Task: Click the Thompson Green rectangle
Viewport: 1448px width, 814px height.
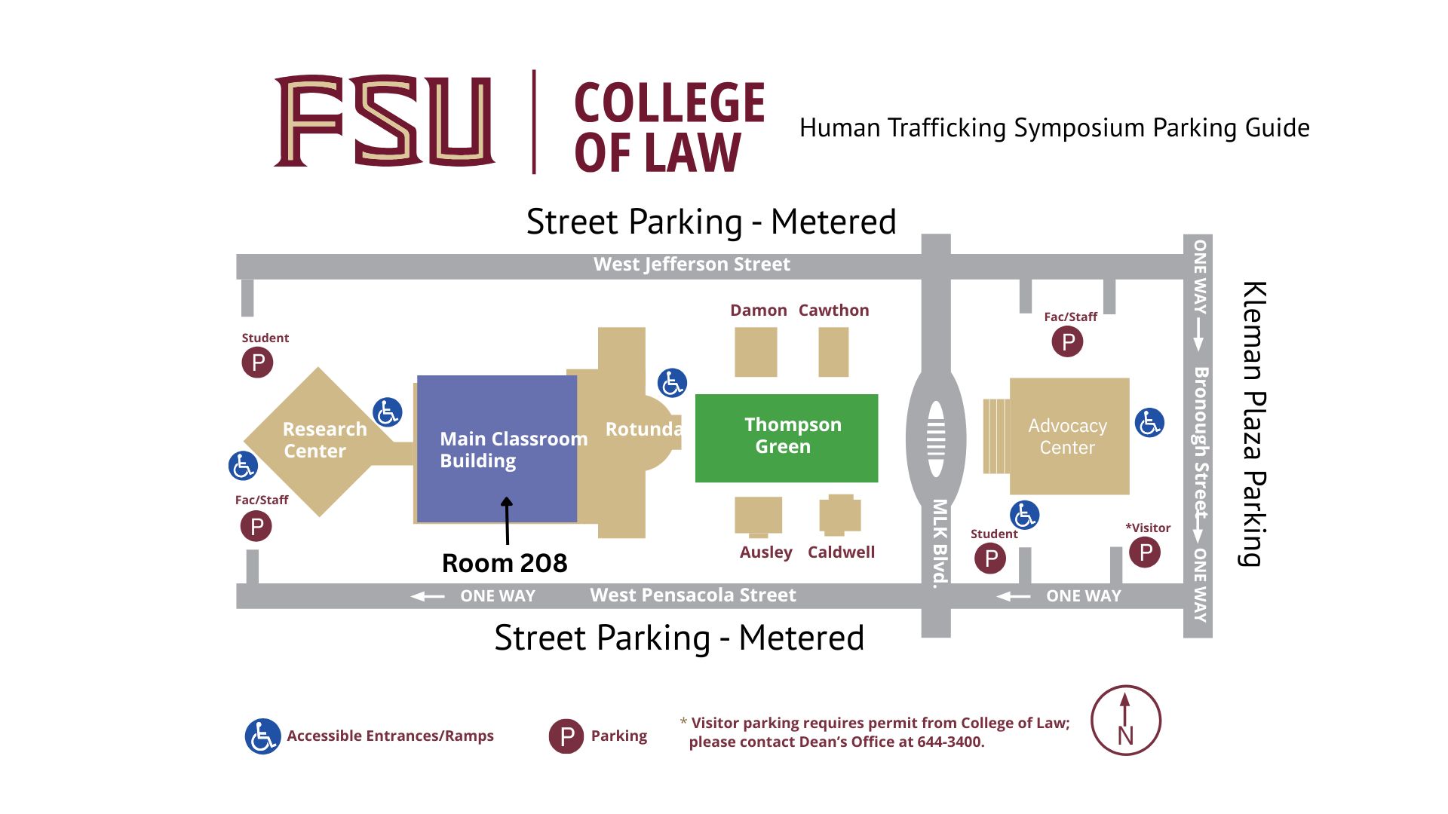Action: [786, 437]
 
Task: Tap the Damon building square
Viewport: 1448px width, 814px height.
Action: [756, 352]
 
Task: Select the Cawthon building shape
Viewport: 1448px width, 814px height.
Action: [833, 352]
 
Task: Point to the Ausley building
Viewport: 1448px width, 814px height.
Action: [758, 516]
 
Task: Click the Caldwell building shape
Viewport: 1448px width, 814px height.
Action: [840, 514]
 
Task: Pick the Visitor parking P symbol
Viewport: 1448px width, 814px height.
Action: [1145, 552]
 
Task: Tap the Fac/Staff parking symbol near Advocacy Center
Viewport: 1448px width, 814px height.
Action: [1067, 341]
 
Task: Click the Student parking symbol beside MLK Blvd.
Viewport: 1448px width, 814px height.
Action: [990, 558]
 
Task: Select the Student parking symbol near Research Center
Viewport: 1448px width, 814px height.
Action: [257, 363]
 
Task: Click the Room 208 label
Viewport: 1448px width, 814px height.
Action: [505, 563]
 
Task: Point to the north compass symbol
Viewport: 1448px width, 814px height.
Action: [1125, 721]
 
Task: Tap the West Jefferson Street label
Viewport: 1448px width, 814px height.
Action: [692, 265]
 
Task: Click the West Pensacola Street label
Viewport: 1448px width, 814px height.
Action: [692, 595]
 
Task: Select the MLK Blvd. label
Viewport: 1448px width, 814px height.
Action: [939, 543]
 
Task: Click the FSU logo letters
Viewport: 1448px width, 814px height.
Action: [385, 121]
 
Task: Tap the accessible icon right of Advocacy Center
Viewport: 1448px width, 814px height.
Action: [1149, 423]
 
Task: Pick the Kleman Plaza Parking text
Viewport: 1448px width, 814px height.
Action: [1253, 423]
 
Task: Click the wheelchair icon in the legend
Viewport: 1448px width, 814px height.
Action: [262, 736]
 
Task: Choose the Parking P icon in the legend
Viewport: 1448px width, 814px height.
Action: [566, 736]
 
